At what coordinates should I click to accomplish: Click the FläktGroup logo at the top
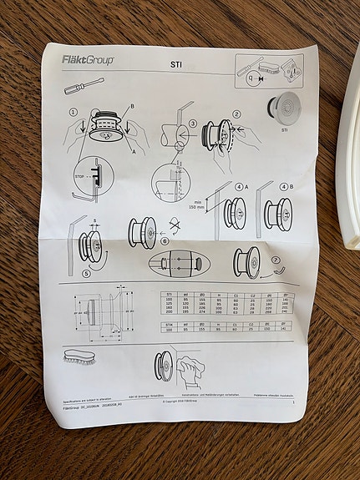click(88, 59)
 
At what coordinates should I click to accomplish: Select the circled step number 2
click(236, 114)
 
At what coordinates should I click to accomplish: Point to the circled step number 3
click(191, 124)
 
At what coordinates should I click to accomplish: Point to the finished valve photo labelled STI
click(285, 108)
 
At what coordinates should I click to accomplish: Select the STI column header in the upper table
click(169, 295)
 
